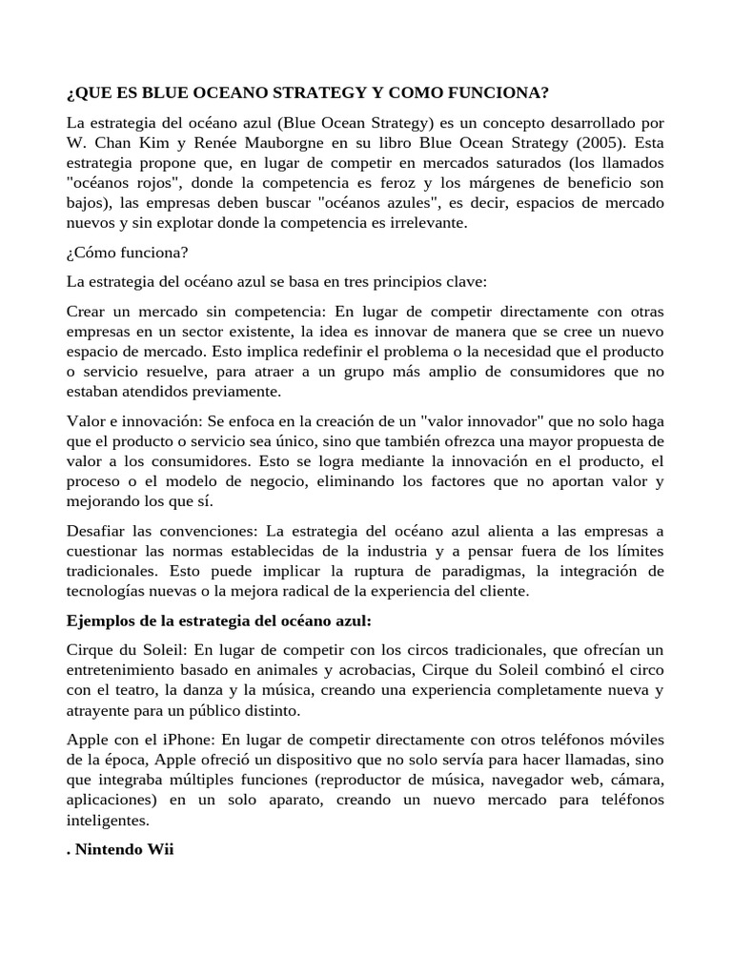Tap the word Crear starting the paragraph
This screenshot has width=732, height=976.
point(88,313)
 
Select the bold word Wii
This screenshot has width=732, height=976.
point(158,850)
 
